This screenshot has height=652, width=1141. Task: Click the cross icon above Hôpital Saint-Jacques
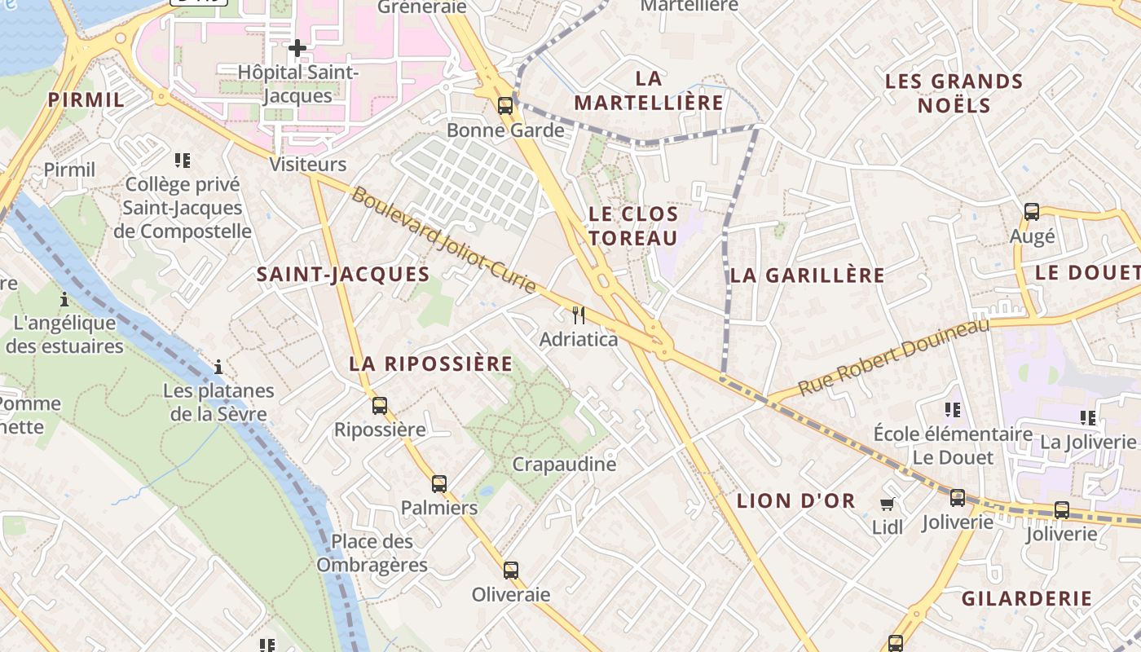(297, 48)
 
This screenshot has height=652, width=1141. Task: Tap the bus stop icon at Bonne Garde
(505, 105)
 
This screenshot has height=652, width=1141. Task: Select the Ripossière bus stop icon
(380, 405)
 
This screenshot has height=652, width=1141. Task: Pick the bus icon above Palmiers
(439, 483)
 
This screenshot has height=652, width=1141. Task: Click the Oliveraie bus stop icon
(511, 570)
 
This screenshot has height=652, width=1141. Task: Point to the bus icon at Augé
(1032, 212)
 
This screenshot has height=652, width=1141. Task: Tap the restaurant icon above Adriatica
(579, 315)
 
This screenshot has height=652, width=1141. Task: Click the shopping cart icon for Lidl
(888, 504)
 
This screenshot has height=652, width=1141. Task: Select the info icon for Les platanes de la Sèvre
(218, 367)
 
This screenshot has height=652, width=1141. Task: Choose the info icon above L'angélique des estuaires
(64, 299)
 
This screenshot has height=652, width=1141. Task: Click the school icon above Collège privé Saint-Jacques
(182, 160)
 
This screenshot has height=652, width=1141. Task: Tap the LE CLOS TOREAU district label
(633, 226)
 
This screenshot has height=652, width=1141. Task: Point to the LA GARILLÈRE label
(807, 275)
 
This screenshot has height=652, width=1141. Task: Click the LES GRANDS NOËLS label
(954, 93)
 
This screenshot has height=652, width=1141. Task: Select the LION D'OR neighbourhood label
(796, 501)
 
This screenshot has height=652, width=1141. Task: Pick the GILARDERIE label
(1027, 598)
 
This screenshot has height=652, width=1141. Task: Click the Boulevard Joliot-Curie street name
(445, 240)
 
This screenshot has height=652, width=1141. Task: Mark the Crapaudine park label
(564, 465)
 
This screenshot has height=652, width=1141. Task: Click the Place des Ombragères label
(372, 553)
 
